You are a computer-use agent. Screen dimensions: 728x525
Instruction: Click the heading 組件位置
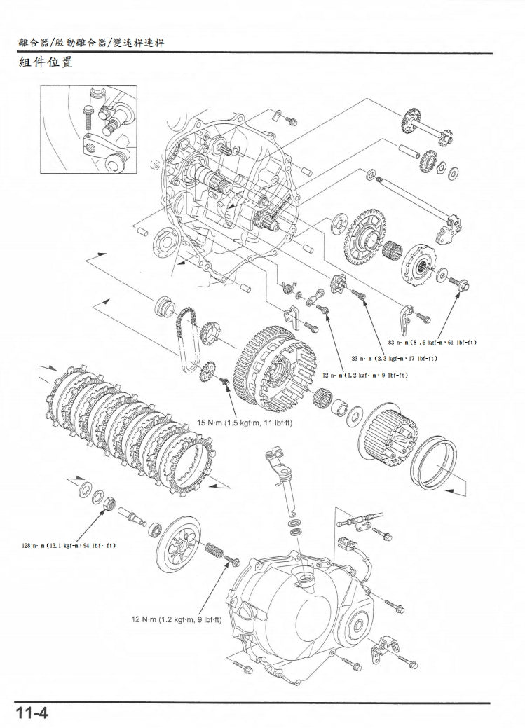[46, 62]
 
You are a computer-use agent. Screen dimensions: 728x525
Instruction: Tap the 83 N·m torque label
[431, 342]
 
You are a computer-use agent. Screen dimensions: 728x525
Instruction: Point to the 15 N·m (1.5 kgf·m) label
[245, 423]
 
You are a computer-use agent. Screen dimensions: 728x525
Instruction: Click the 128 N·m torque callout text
[69, 544]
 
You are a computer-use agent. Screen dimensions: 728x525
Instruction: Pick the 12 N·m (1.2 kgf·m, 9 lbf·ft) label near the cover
[177, 619]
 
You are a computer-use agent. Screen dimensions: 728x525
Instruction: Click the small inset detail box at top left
[89, 129]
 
